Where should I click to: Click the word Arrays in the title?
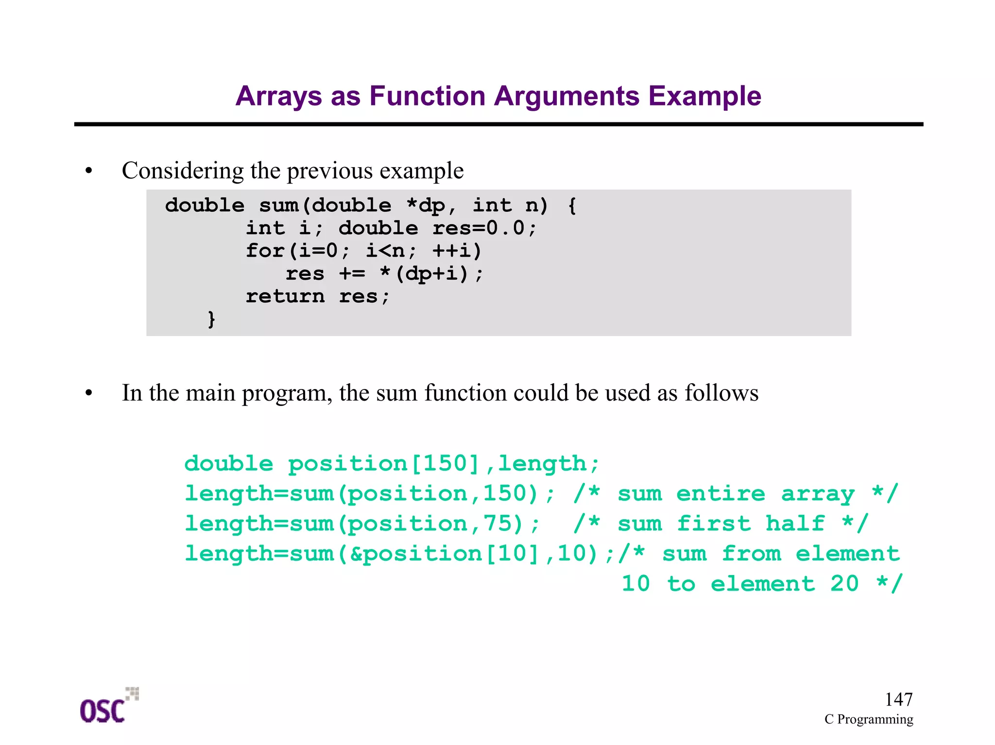pos(278,96)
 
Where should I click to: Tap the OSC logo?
pos(108,707)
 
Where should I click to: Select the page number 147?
pos(898,699)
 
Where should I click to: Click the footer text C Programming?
pos(868,719)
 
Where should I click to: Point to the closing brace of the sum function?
pos(211,319)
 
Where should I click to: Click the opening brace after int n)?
pos(572,205)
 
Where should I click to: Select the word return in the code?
pos(285,296)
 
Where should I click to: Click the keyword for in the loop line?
pos(265,251)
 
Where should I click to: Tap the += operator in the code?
pos(352,274)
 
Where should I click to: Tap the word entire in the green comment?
pos(721,494)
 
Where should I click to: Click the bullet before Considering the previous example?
pos(88,171)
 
